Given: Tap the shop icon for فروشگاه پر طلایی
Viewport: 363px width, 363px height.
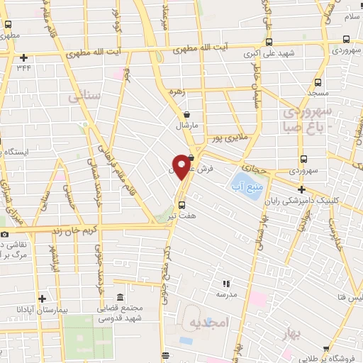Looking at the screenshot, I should coord(325,348).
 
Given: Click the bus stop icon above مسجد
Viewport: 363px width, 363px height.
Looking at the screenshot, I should coord(316,82).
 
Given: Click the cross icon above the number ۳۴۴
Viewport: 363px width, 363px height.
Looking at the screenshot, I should coord(23,57).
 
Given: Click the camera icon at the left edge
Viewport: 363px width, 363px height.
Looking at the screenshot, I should coord(4,234).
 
